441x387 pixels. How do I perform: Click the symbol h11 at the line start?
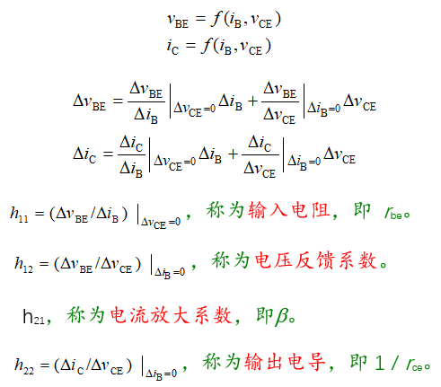pyautogui.click(x=20, y=215)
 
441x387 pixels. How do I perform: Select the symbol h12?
pyautogui.click(x=24, y=265)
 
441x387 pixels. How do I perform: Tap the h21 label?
pyautogui.click(x=34, y=317)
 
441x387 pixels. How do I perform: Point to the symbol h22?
pyautogui.click(x=24, y=365)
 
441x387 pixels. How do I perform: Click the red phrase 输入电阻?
pyautogui.click(x=288, y=210)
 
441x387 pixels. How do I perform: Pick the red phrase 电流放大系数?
pyautogui.click(x=171, y=315)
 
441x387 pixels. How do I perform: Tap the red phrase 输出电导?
pyautogui.click(x=285, y=362)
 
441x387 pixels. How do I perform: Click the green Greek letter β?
pyautogui.click(x=282, y=317)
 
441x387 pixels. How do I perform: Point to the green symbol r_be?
pyautogui.click(x=393, y=214)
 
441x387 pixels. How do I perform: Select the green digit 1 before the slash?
pyautogui.click(x=380, y=363)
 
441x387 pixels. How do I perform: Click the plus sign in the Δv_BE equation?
pyautogui.click(x=252, y=101)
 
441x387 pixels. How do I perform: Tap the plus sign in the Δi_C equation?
pyautogui.click(x=233, y=154)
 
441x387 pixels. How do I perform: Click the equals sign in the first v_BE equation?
pyautogui.click(x=200, y=19)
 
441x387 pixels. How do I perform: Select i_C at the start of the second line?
pyautogui.click(x=172, y=47)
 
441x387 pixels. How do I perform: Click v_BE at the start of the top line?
pyautogui.click(x=178, y=21)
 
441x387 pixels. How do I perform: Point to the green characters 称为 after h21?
pyautogui.click(x=85, y=315)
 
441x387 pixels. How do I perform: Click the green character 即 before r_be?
pyautogui.click(x=362, y=210)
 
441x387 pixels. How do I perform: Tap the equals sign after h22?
pyautogui.click(x=44, y=365)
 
